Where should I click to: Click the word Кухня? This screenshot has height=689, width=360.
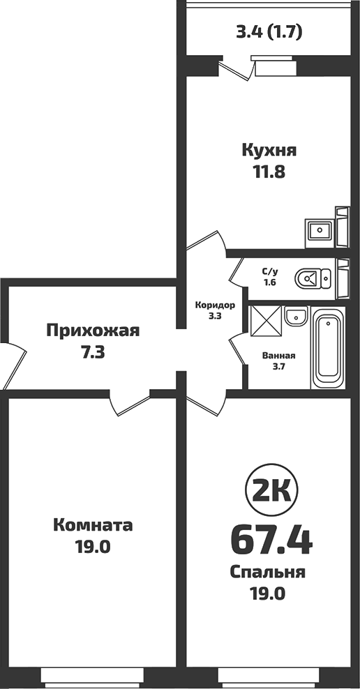(269, 150)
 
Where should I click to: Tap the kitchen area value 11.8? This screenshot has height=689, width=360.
(269, 171)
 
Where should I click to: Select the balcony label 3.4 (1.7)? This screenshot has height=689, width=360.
(269, 31)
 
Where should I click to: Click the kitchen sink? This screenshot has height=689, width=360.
(321, 230)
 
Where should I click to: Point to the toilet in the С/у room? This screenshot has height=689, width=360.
(310, 280)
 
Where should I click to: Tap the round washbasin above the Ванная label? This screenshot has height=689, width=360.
(297, 315)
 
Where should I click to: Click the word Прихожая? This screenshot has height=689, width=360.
(93, 331)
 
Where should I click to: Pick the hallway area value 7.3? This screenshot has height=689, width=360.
(93, 351)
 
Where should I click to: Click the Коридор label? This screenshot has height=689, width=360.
(215, 305)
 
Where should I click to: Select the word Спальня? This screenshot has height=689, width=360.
(268, 573)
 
